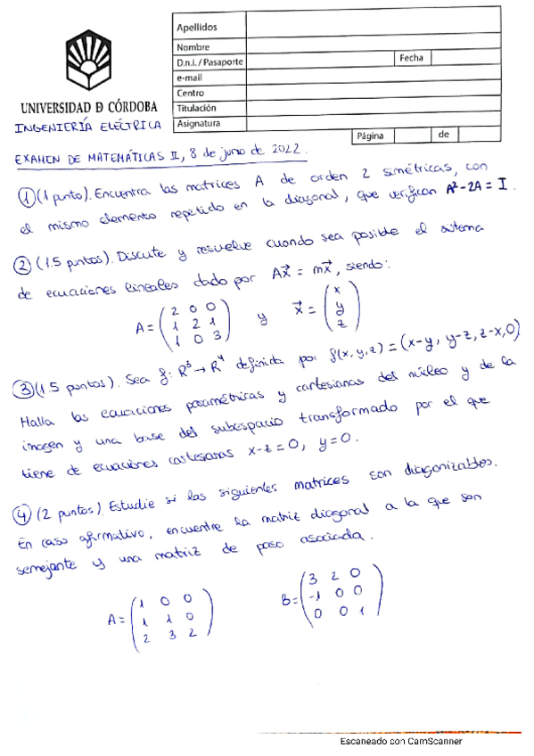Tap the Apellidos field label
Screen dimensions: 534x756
click(x=197, y=28)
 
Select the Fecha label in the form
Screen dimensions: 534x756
click(x=411, y=58)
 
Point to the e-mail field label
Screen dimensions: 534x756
click(x=191, y=78)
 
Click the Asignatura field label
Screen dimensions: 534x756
click(x=199, y=123)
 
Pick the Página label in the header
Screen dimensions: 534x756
click(x=369, y=136)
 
